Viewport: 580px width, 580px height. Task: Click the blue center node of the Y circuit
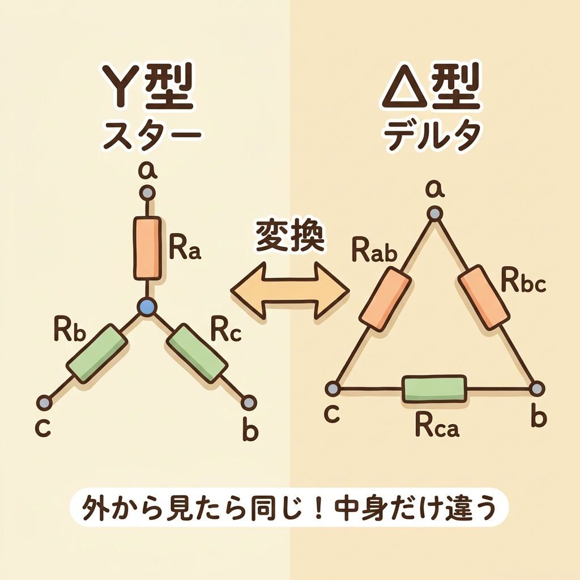pyautogui.click(x=147, y=307)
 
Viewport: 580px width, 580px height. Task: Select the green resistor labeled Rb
pyautogui.click(x=96, y=352)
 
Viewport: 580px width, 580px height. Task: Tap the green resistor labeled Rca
pyautogui.click(x=434, y=389)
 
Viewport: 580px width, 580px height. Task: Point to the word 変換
pyautogui.click(x=289, y=236)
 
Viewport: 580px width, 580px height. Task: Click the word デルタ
pyautogui.click(x=433, y=136)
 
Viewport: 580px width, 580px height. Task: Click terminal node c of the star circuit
pyautogui.click(x=44, y=402)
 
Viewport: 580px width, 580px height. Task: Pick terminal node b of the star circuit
pyautogui.click(x=248, y=402)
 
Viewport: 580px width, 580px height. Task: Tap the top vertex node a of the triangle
pyautogui.click(x=434, y=214)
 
